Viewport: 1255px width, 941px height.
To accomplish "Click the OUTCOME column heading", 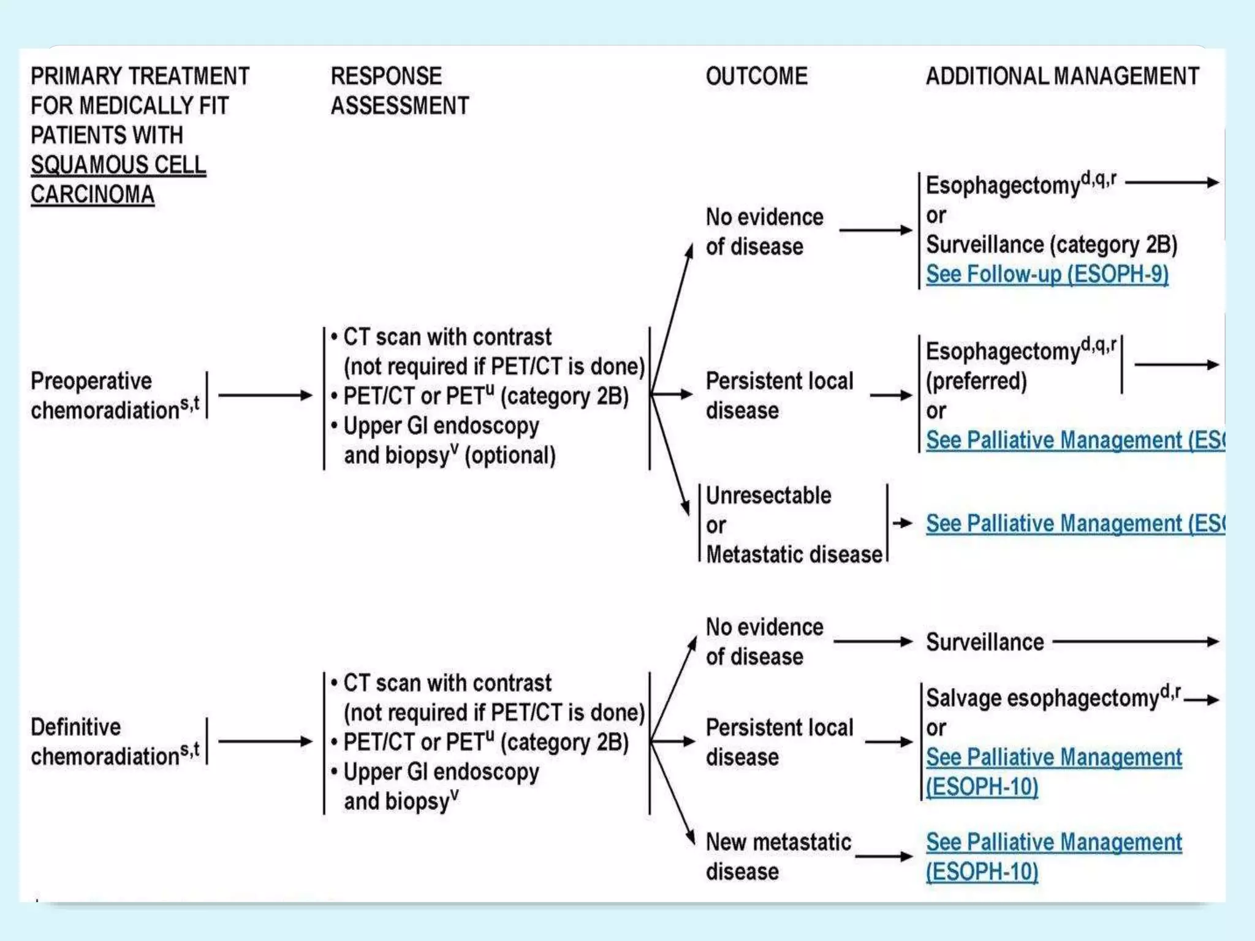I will click(x=756, y=77).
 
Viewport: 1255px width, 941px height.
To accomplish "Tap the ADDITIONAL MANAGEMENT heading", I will click(x=1061, y=77).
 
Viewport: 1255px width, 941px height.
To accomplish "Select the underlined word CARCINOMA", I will click(x=92, y=194).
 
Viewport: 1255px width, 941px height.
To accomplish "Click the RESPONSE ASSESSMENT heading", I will click(x=399, y=91).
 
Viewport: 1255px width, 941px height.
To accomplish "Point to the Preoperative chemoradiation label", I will click(x=115, y=395).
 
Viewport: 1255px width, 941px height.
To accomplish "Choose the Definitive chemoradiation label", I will click(x=115, y=741).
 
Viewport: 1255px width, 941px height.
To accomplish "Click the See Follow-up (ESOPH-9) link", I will click(x=1047, y=274).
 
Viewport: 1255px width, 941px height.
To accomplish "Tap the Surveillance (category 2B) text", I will click(x=1051, y=244).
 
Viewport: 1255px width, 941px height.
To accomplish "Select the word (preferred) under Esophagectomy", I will click(x=976, y=381).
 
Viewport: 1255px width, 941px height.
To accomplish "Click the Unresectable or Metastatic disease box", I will click(x=793, y=524).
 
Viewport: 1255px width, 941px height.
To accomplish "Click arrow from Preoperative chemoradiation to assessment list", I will click(x=265, y=395).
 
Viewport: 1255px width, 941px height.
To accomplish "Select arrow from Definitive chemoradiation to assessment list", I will click(x=265, y=741).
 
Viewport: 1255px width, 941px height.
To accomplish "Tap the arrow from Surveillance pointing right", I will click(x=1136, y=641).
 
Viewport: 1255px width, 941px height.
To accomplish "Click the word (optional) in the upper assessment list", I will click(x=510, y=456).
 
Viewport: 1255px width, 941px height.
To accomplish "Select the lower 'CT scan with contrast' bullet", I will click(x=447, y=683).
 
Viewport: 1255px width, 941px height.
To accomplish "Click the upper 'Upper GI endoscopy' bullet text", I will click(x=441, y=426).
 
